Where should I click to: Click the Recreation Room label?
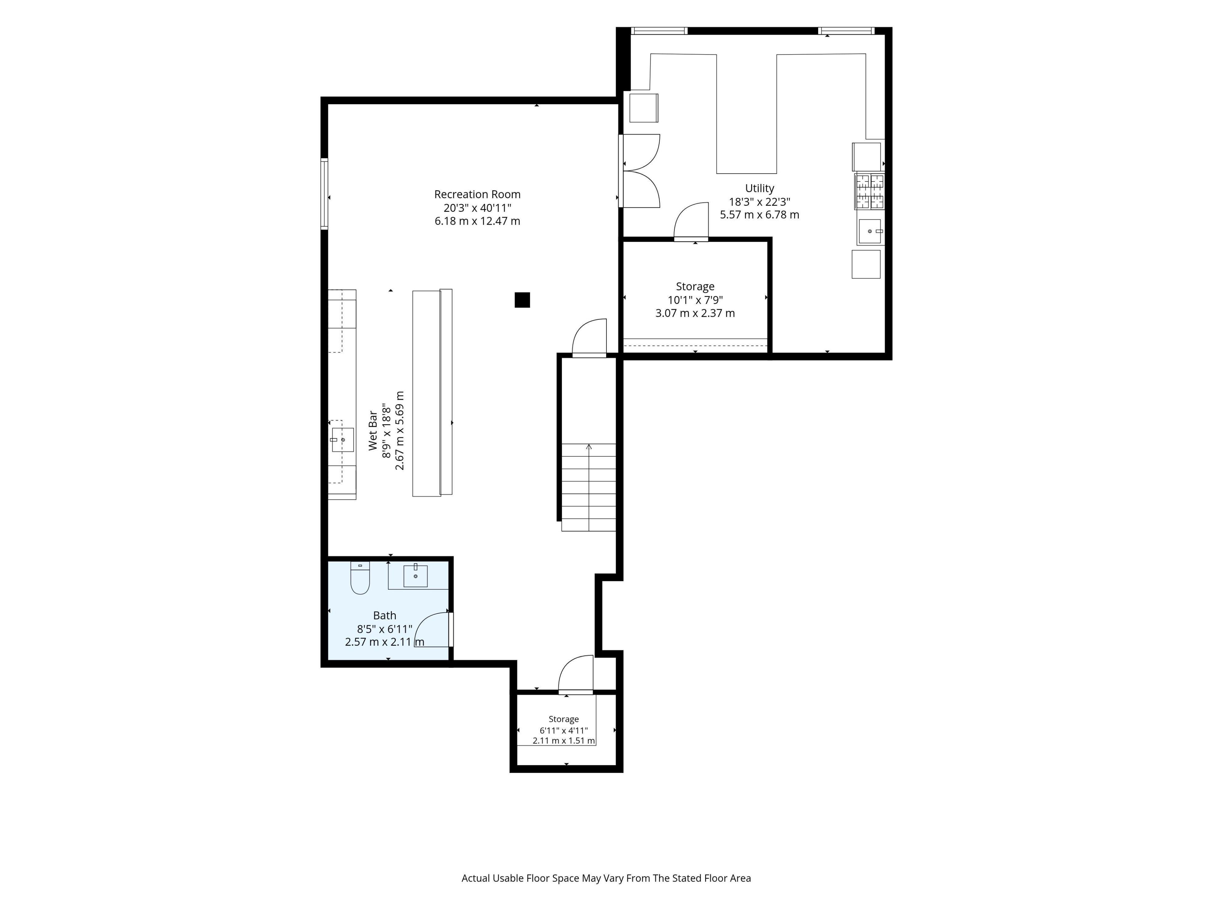(x=477, y=194)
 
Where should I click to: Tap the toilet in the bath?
(x=360, y=578)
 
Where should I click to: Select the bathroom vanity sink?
(x=416, y=575)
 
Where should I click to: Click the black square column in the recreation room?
(x=522, y=300)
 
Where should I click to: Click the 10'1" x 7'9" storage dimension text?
(x=695, y=300)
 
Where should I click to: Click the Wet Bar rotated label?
(x=373, y=431)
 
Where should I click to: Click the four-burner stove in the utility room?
(x=870, y=191)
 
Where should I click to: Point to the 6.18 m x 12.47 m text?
(x=477, y=221)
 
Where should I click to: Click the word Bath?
(x=384, y=615)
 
